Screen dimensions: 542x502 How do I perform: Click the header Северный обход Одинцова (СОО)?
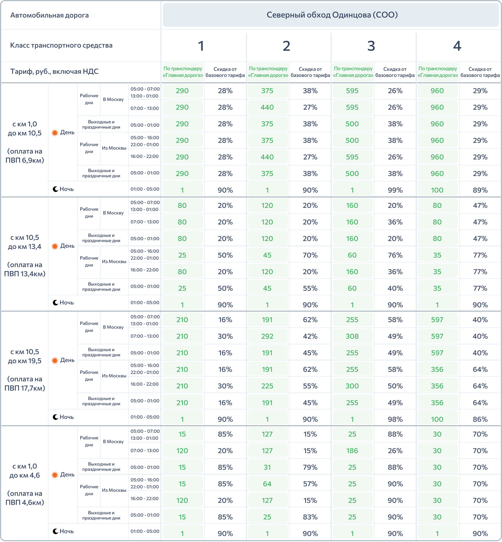(332, 15)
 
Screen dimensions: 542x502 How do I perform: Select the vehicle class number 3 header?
(371, 46)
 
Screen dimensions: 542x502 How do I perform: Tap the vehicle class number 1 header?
(201, 46)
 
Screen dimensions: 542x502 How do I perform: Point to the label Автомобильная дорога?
(49, 15)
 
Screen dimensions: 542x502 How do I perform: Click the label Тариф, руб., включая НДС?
(54, 72)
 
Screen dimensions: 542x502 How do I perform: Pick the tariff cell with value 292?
(267, 336)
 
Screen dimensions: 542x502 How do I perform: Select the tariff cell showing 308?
(352, 336)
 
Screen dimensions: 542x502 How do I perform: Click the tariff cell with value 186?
(352, 451)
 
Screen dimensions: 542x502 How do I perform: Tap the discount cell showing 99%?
(395, 190)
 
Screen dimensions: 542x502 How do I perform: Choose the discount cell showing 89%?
(480, 190)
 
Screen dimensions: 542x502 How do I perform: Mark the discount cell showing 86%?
(480, 419)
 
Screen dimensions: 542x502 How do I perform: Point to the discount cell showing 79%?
(310, 467)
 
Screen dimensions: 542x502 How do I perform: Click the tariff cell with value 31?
(267, 467)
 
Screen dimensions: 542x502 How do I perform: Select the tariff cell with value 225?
(267, 386)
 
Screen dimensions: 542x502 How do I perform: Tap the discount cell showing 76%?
(395, 255)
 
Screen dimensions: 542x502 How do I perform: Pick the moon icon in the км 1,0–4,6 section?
(55, 531)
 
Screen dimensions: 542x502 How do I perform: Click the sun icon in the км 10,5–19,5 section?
(55, 360)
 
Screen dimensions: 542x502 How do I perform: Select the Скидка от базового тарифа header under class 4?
(480, 72)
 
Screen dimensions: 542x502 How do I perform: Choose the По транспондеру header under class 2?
(268, 72)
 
